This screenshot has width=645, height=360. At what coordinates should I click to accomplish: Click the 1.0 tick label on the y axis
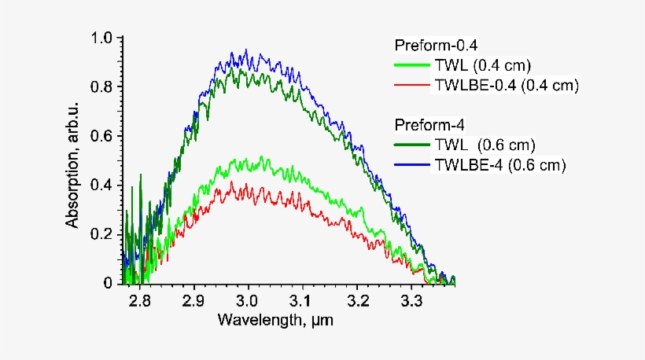(x=102, y=37)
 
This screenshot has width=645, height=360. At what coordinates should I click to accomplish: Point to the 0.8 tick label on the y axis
(x=102, y=86)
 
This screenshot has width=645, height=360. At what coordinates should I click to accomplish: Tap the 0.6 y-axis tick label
(x=102, y=135)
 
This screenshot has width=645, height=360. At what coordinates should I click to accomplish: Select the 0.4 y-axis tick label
(x=102, y=185)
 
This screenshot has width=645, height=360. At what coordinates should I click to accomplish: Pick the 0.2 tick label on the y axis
(x=102, y=233)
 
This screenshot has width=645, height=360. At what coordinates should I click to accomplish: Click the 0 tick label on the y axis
(x=109, y=282)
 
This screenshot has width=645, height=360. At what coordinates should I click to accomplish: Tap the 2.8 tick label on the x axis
(x=140, y=301)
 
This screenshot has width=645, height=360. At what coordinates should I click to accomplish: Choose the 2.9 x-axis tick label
(x=194, y=301)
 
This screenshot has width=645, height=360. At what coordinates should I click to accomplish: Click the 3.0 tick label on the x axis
(x=248, y=301)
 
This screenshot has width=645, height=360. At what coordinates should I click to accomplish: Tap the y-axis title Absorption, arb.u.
(x=73, y=160)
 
